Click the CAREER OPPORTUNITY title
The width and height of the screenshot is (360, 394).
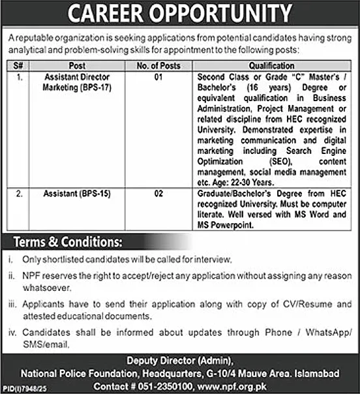point(180,13)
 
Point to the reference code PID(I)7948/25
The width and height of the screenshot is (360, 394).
point(18,389)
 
